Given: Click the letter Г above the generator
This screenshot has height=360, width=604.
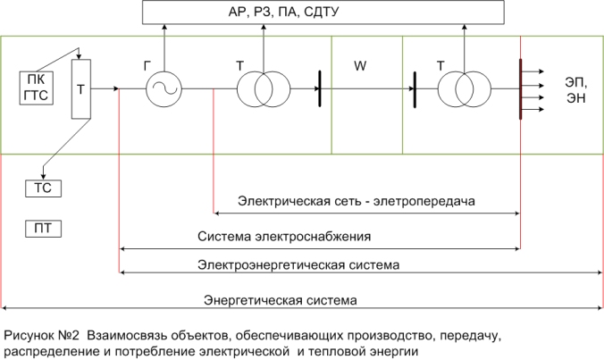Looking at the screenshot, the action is pos(147,66).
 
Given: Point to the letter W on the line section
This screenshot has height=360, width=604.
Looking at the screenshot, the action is pos(360,66).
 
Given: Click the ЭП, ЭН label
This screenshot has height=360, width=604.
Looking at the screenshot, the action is pos(576,90).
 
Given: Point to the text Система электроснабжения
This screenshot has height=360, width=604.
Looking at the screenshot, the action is pos(284,237).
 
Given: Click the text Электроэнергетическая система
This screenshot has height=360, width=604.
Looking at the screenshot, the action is pos(298,265).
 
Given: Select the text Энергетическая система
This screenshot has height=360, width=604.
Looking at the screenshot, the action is pos(281,300).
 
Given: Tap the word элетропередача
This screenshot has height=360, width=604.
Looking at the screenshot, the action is pos(424,201).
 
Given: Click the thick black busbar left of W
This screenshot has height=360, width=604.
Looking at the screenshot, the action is pos(320,88).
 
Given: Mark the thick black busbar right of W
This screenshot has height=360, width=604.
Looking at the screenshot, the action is pos(415,89).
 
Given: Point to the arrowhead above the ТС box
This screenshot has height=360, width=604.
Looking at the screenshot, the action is pos(43,177).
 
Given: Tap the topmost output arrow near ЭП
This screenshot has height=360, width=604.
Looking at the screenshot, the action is pos(533,71).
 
